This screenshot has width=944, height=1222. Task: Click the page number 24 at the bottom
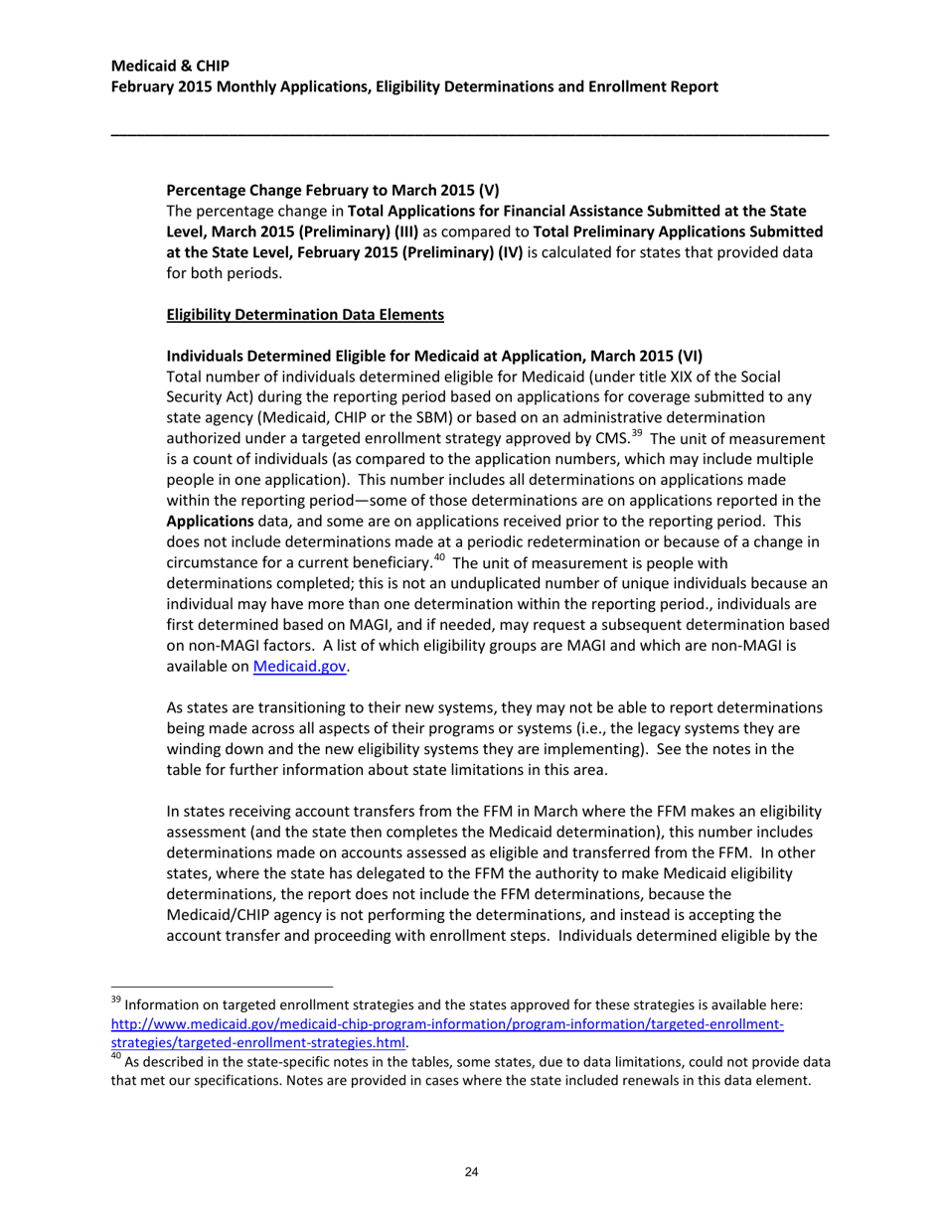pyautogui.click(x=472, y=1173)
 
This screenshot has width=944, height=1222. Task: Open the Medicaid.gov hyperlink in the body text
pyautogui.click(x=300, y=668)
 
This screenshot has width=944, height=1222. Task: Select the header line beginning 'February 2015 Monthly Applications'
pyautogui.click(x=414, y=86)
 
